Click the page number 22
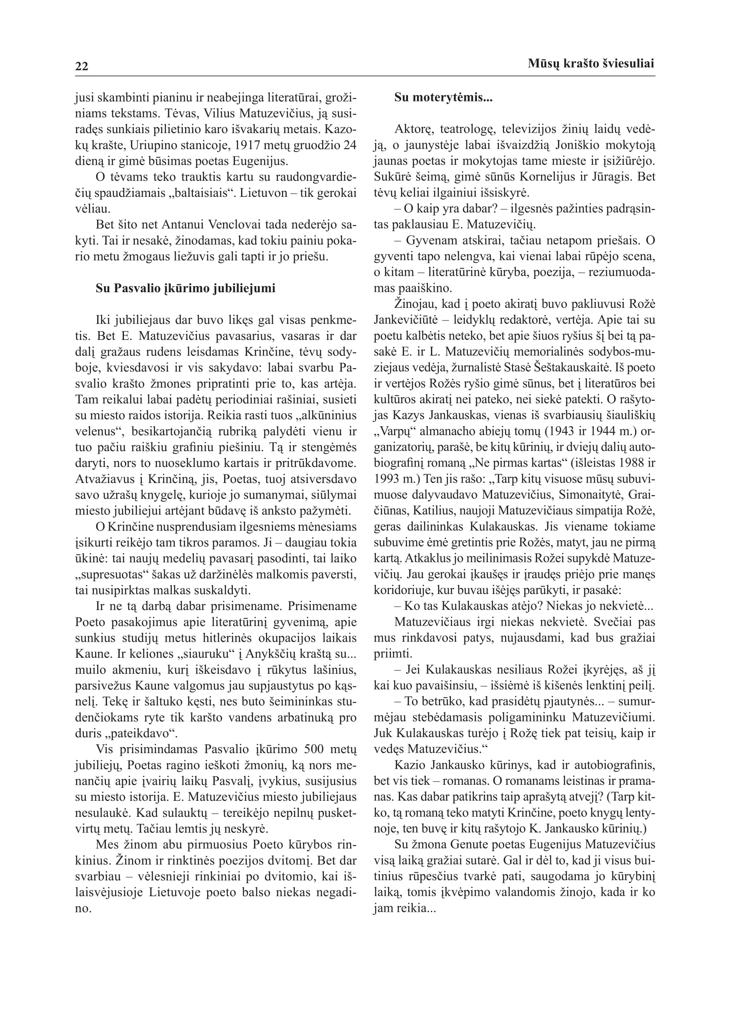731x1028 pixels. coord(82,67)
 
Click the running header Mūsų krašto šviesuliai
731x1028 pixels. coord(591,64)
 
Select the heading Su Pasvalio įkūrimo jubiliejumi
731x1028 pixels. coord(185,288)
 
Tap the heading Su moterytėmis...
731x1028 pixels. coord(443,98)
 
